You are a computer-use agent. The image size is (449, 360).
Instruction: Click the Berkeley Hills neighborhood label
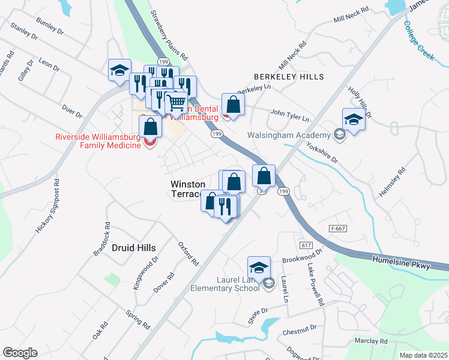click(x=289, y=77)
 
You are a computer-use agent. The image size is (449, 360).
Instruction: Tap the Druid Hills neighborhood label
click(x=133, y=248)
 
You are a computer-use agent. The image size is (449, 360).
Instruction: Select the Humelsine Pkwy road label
click(x=401, y=262)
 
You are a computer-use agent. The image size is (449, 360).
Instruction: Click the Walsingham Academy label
click(x=289, y=134)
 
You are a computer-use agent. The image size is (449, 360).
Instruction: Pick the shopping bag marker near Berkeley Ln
click(x=233, y=105)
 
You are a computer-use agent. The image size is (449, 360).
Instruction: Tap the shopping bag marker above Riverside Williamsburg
click(x=150, y=127)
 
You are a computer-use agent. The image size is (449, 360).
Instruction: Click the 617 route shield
click(x=306, y=246)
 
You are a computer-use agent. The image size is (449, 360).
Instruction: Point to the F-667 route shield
click(x=339, y=229)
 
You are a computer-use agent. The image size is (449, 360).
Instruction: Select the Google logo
click(x=20, y=353)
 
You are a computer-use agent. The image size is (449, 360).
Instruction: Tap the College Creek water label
click(x=418, y=40)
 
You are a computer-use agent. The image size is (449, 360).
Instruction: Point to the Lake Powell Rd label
click(x=316, y=284)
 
